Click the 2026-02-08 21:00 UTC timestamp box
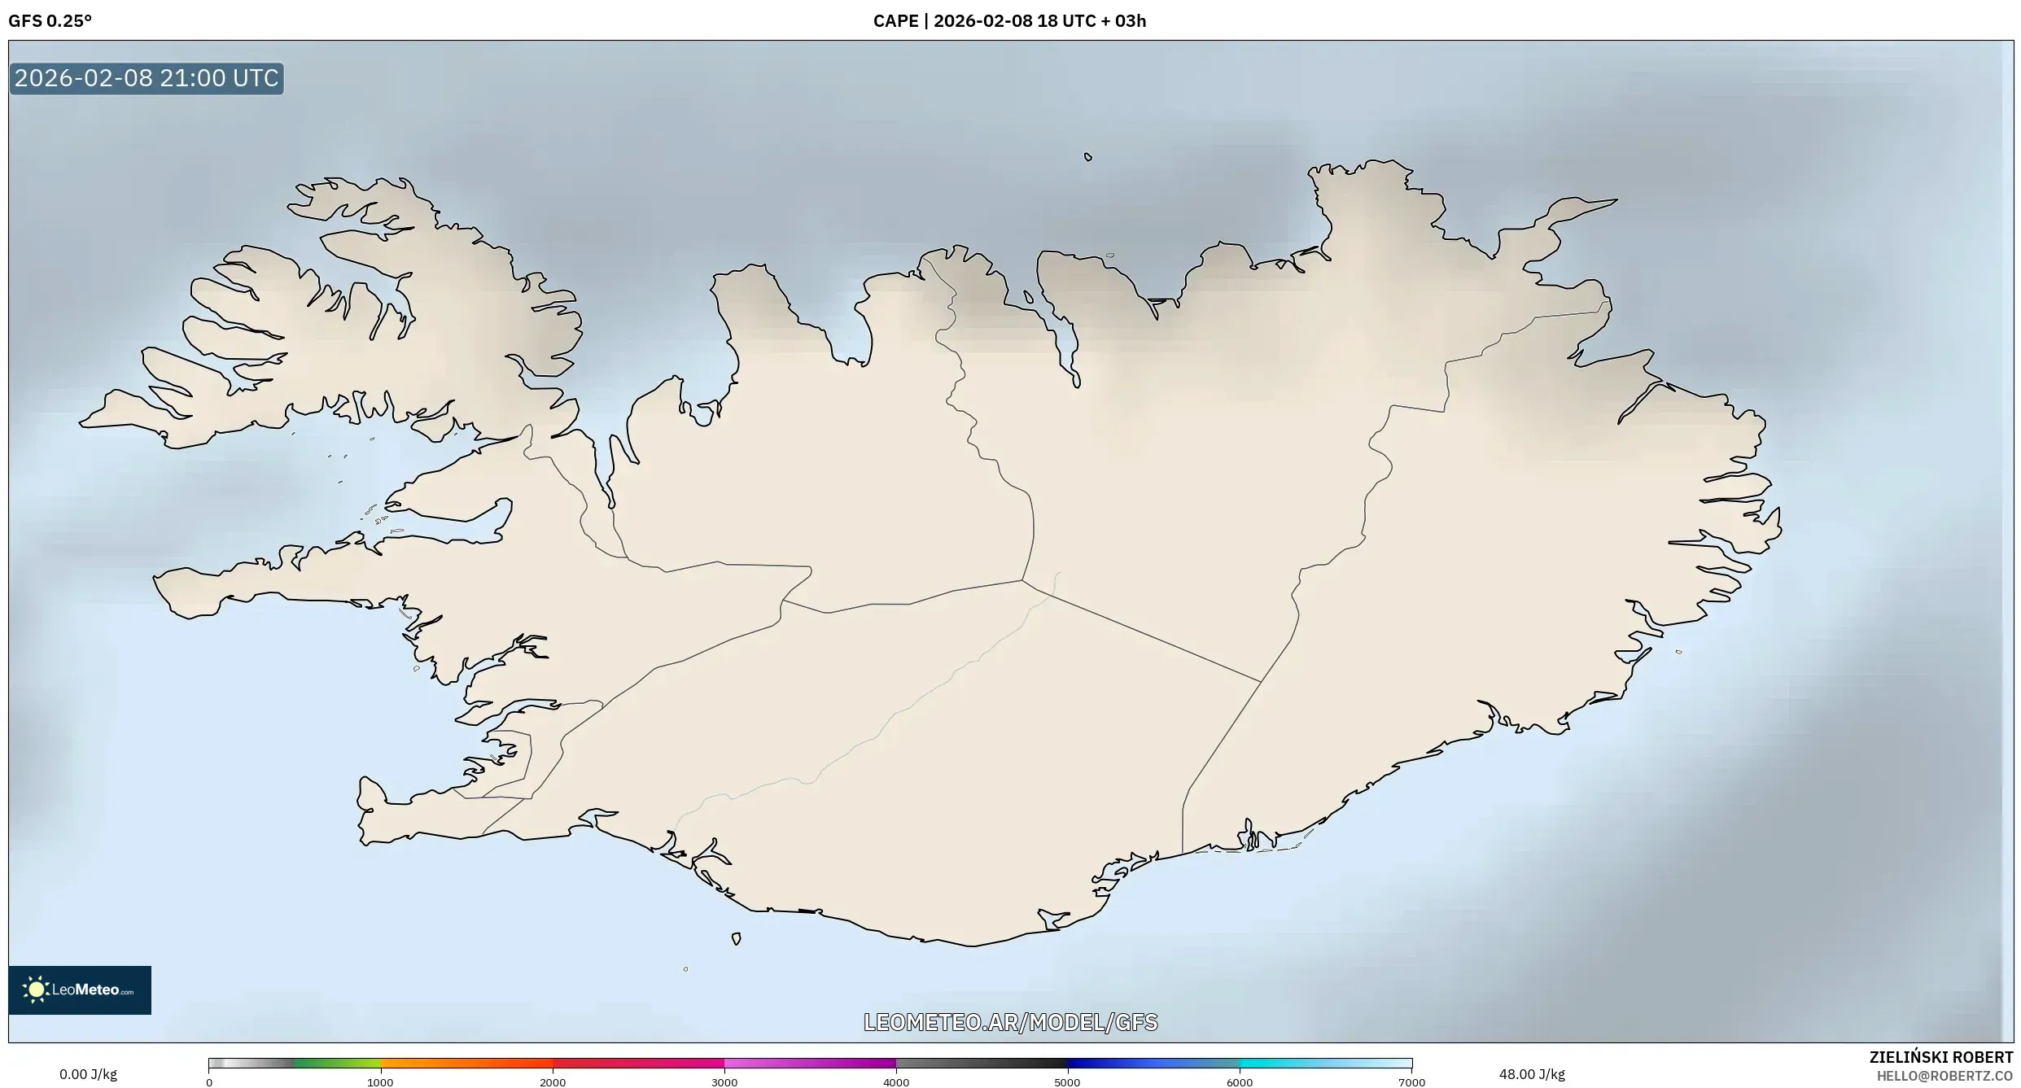(147, 78)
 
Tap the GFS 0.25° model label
(50, 21)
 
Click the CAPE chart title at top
(1009, 21)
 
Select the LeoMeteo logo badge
(80, 990)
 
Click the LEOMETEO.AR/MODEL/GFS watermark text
(1010, 1022)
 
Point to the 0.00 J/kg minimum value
(88, 1074)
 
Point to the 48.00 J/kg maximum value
(1532, 1074)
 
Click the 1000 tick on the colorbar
(380, 1082)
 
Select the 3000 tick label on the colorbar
(724, 1082)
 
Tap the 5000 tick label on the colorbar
(1067, 1082)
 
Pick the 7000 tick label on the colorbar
(1411, 1082)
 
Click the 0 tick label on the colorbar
(209, 1082)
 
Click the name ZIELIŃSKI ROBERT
(1941, 1057)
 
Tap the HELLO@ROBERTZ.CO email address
(1944, 1076)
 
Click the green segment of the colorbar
(338, 1063)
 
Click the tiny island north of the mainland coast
(1088, 157)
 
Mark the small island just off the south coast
(736, 939)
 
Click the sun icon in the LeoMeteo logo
(36, 990)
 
